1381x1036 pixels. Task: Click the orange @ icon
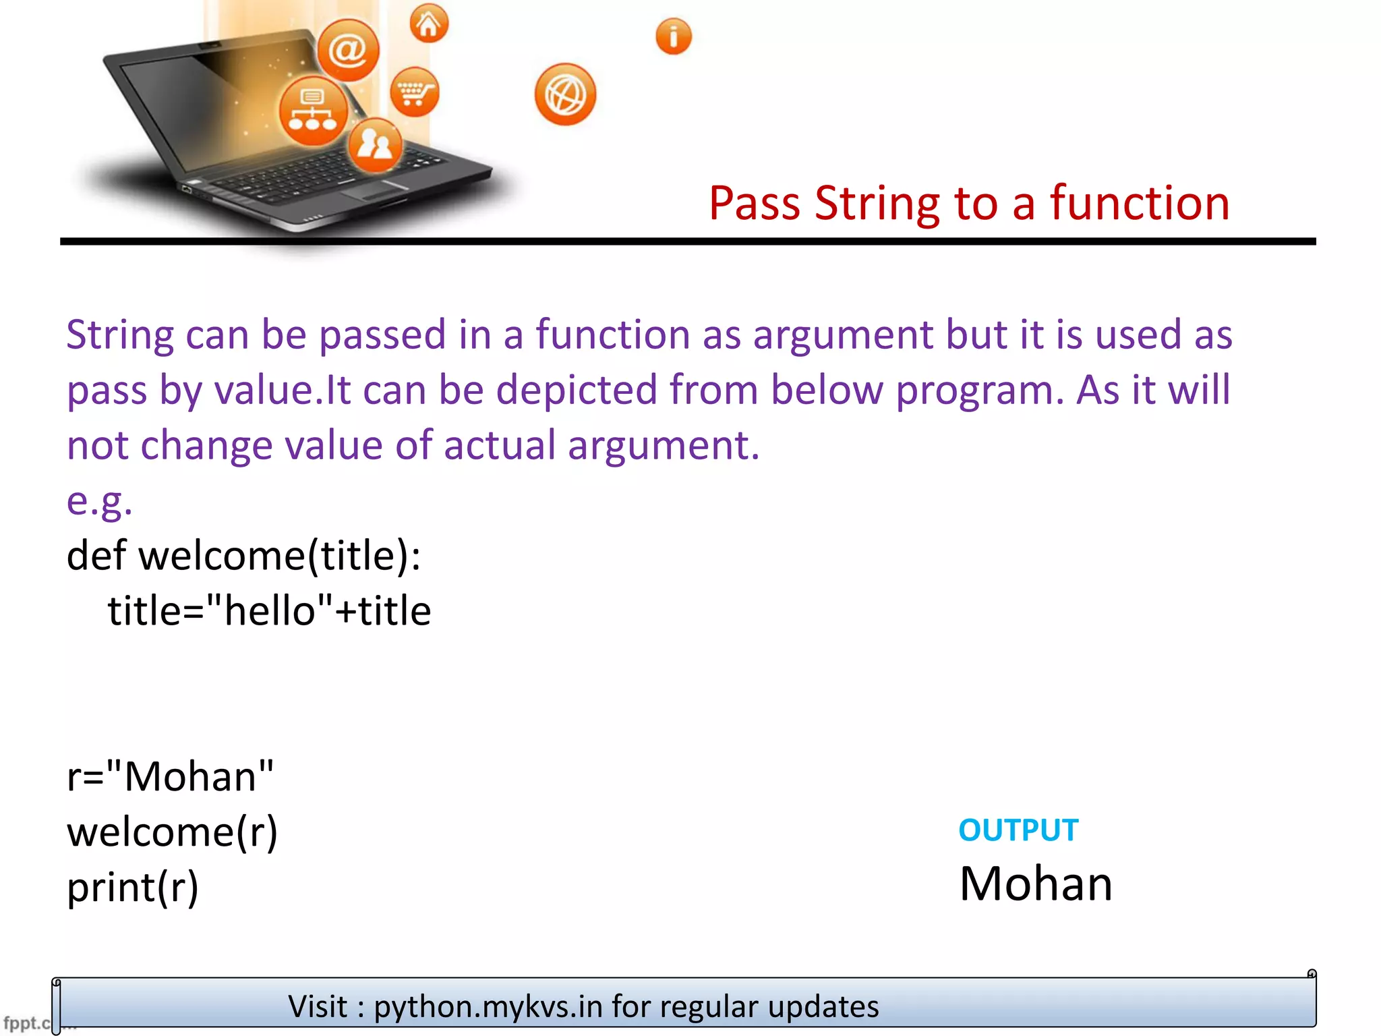348,50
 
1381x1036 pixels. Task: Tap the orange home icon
429,24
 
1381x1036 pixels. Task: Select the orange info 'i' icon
673,36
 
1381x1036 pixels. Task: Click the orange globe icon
565,94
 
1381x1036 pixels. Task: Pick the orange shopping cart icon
414,92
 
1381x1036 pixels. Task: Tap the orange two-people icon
375,145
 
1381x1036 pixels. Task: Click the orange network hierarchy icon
313,111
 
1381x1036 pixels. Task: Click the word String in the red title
876,203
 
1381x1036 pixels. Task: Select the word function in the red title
1139,203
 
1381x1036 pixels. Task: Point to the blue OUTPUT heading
1018,830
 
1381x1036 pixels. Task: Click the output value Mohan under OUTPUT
1035,884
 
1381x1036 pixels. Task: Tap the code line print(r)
133,887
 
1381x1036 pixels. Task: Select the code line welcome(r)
172,832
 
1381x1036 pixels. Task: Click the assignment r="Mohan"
170,776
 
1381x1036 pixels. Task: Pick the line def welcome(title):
243,556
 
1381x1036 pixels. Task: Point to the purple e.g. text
99,501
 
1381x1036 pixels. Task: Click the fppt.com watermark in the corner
27,1023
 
